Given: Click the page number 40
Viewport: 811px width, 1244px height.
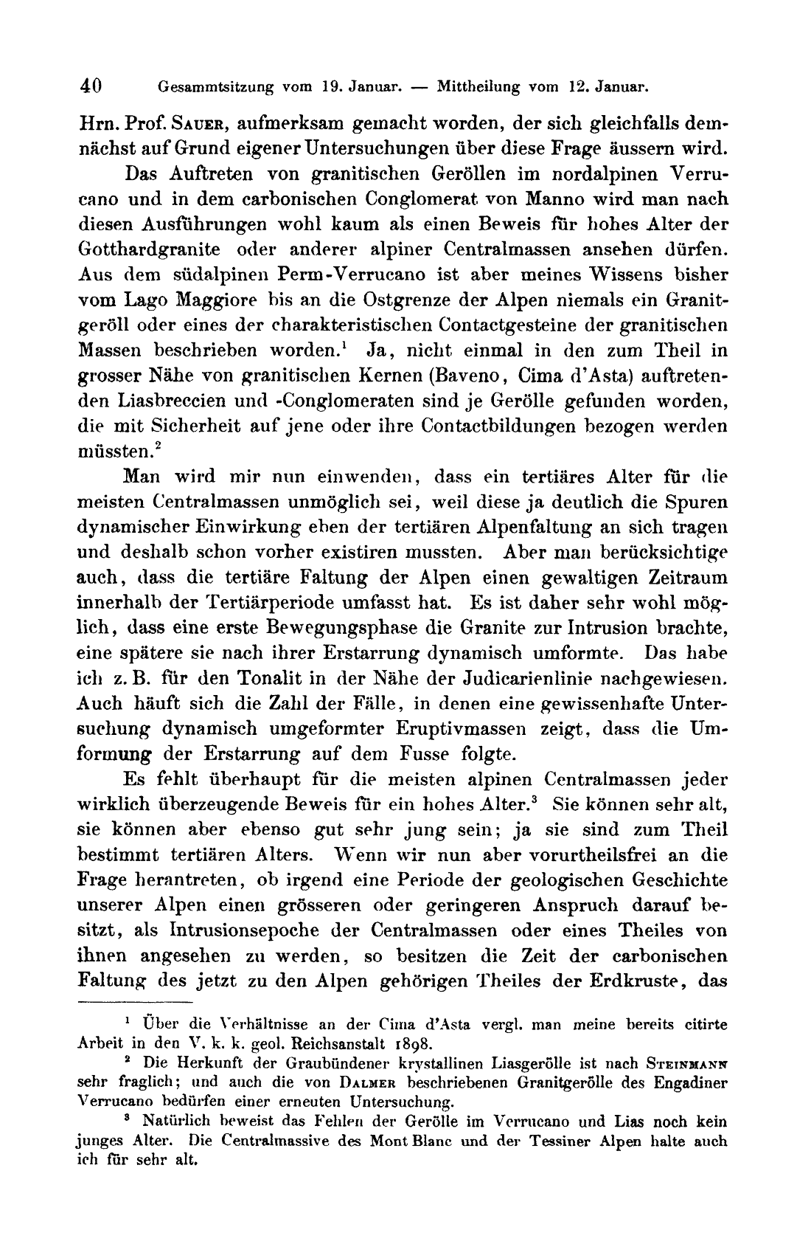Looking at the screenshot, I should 91,86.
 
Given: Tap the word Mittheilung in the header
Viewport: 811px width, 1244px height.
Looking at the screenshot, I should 478,86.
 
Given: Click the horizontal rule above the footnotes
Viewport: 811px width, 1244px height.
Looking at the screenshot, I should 134,1002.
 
